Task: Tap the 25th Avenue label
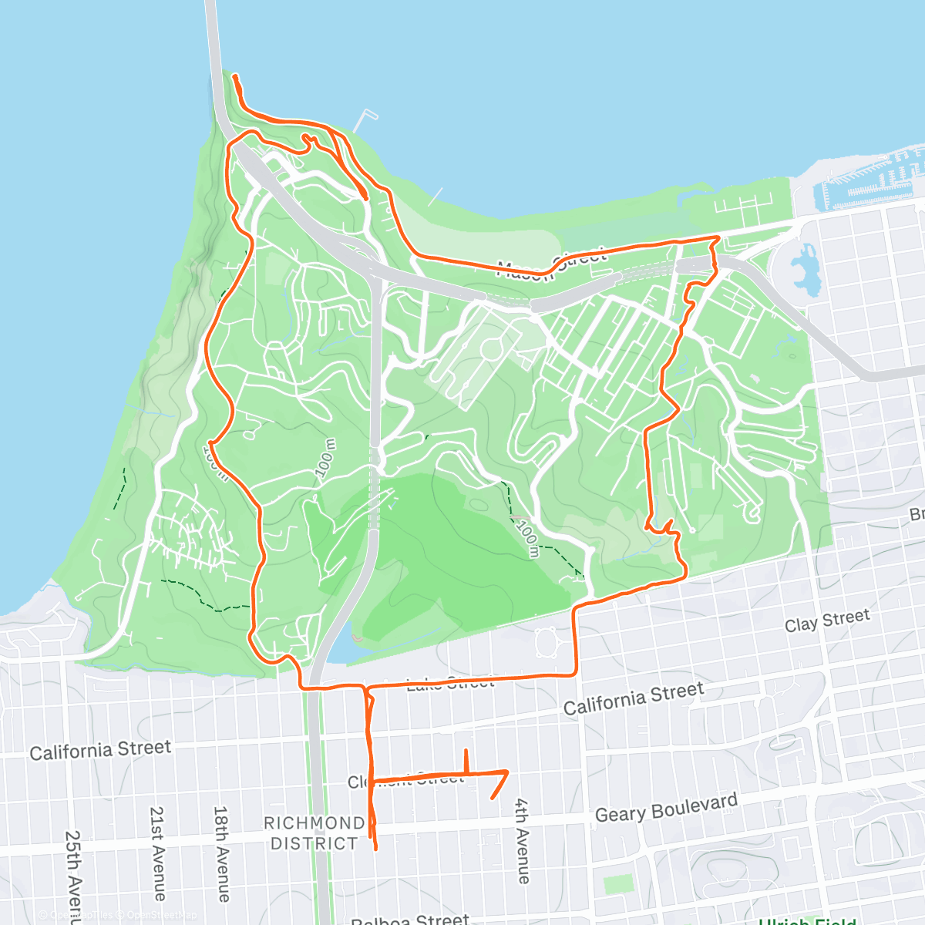[x=72, y=875]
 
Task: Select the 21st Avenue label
[x=157, y=853]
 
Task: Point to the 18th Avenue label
[x=221, y=853]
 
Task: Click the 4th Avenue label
[x=523, y=840]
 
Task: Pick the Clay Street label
[x=826, y=620]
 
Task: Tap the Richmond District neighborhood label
[x=314, y=833]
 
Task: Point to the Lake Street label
[x=450, y=682]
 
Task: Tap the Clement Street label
[x=406, y=780]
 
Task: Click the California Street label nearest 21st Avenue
[x=100, y=749]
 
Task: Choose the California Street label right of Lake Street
[x=634, y=698]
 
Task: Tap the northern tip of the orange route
[x=234, y=76]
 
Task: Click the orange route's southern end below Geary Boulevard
[x=375, y=849]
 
